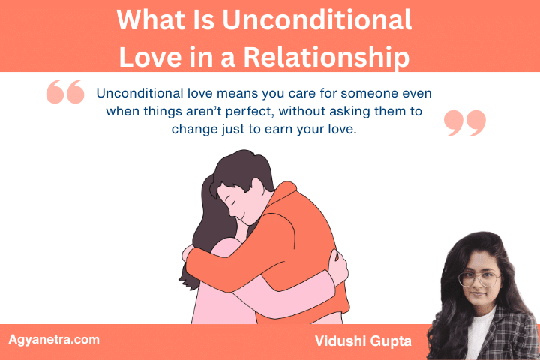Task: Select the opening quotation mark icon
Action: [65, 92]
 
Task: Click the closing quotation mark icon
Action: [465, 123]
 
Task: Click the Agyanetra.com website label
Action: [53, 340]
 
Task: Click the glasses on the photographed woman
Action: [478, 279]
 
